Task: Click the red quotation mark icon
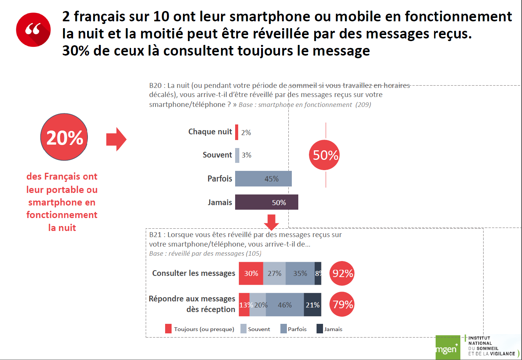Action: point(33,30)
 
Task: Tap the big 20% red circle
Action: point(64,137)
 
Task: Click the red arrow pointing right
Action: point(116,139)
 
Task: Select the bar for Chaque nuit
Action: point(237,132)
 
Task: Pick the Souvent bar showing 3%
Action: point(237,155)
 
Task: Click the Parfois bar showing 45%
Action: point(263,179)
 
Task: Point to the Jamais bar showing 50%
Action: point(266,202)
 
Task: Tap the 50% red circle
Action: point(325,155)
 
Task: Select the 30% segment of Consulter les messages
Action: point(251,273)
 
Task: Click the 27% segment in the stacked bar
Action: point(274,273)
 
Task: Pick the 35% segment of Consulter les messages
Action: point(300,273)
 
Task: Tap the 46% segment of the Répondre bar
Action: point(285,305)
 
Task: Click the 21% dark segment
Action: point(312,305)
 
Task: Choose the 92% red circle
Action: point(342,273)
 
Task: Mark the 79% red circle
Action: point(342,304)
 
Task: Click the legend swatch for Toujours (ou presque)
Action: point(169,329)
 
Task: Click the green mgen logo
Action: point(447,347)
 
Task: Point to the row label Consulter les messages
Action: point(194,273)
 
